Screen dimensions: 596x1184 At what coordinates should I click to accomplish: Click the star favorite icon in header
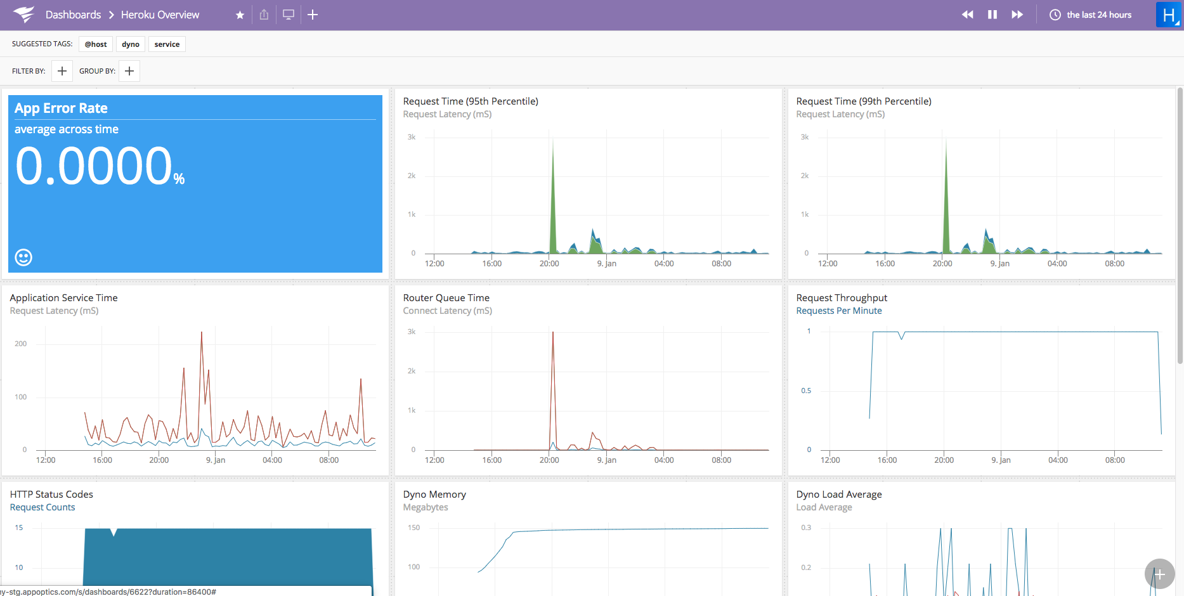[x=240, y=15]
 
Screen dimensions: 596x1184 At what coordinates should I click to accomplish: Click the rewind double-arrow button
[x=967, y=15]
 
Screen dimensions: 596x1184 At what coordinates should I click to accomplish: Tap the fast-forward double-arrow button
[x=1017, y=15]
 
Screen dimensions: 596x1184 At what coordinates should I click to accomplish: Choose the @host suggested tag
[x=96, y=44]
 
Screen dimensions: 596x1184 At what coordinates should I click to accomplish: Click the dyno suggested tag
[x=131, y=44]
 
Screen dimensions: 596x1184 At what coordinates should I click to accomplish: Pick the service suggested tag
[x=167, y=44]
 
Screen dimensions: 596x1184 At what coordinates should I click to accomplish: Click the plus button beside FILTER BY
[x=62, y=71]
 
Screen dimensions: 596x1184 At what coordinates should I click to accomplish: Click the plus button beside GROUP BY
[x=129, y=71]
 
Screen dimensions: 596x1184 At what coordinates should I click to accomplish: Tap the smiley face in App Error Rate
[x=23, y=257]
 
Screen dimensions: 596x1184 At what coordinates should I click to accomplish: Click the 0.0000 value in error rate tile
[x=94, y=166]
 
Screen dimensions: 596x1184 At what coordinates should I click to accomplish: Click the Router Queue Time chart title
[x=446, y=298]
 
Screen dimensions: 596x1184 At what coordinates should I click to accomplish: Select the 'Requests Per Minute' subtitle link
[x=838, y=311]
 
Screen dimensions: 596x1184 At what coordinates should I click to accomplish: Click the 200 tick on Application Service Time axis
[x=21, y=344]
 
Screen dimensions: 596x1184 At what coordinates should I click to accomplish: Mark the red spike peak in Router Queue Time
[x=553, y=334]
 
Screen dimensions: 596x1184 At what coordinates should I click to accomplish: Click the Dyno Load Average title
[x=838, y=495]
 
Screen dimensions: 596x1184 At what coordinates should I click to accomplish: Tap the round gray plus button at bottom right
[x=1159, y=574]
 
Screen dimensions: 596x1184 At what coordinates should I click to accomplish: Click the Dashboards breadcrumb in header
[x=73, y=15]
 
